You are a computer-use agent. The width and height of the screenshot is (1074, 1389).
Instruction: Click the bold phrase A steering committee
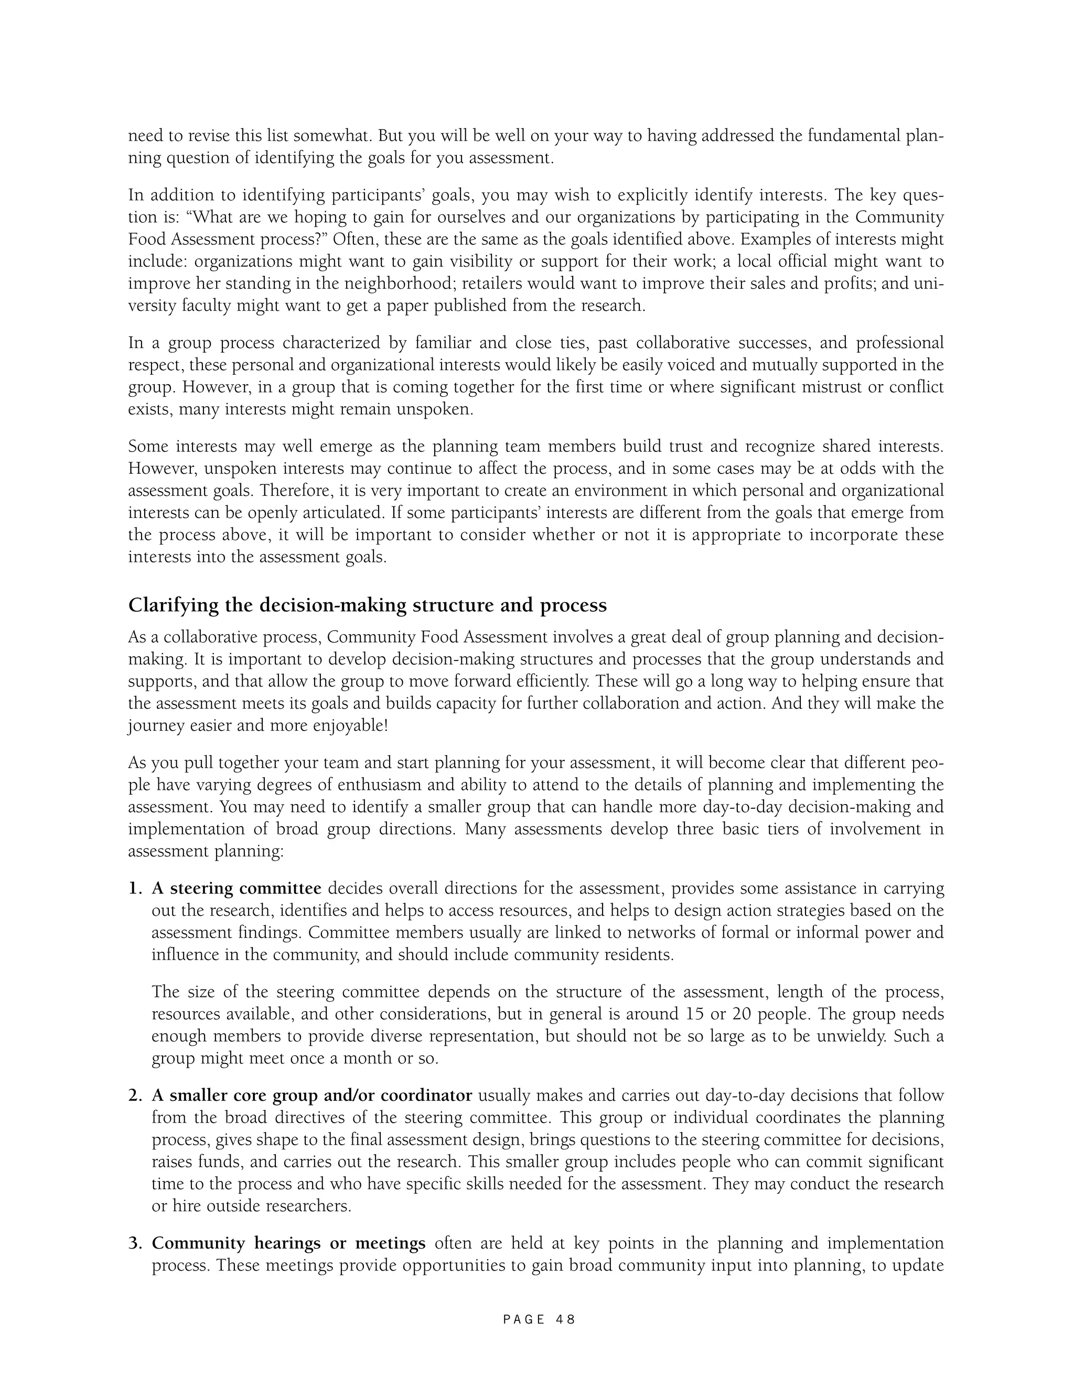tap(236, 888)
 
